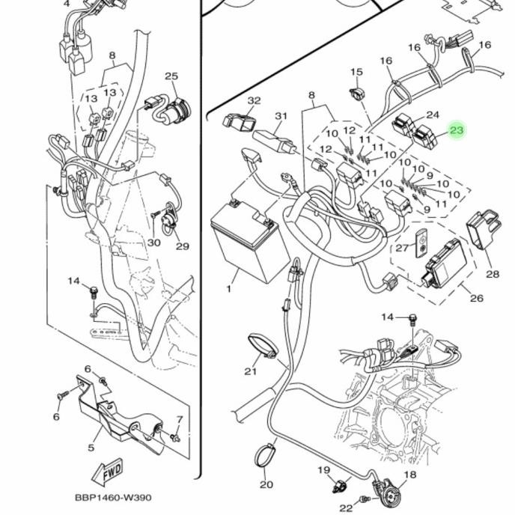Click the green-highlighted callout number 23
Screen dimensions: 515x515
point(456,130)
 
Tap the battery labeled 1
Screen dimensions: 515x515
point(246,240)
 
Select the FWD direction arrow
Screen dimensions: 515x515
point(107,472)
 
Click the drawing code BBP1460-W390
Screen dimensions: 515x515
point(113,498)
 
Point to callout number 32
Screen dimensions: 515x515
point(254,100)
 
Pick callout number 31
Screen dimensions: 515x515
point(281,116)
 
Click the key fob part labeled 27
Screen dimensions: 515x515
point(421,243)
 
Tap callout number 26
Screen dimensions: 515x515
point(477,298)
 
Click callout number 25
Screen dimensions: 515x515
point(171,76)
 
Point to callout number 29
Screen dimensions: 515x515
point(183,246)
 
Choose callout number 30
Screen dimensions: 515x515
point(153,243)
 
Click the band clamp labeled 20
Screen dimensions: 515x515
point(265,456)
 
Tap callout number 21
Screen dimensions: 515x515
point(250,371)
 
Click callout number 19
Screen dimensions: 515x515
point(323,470)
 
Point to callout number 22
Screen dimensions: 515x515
point(346,508)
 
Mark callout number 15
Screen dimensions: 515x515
point(357,72)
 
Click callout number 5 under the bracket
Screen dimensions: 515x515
point(91,448)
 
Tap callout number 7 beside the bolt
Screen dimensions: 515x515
point(180,419)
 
